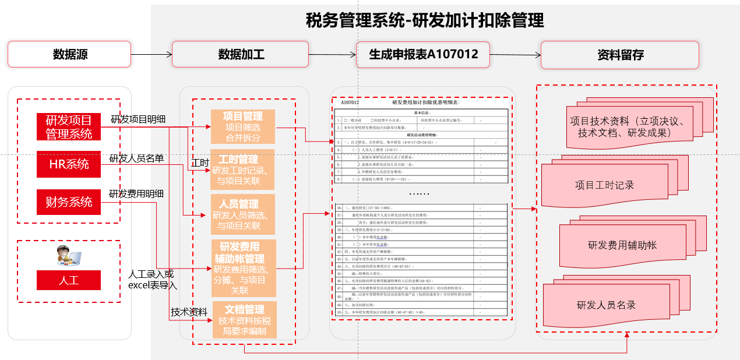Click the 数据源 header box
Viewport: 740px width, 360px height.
69,54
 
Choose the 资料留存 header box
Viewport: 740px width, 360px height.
620,55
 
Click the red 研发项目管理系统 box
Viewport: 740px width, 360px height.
69,127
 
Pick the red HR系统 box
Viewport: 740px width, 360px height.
69,164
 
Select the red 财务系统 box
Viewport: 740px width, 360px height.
69,202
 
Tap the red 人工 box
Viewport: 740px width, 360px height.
69,280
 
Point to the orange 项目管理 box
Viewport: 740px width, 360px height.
243,126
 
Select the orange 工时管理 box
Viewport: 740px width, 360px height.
243,170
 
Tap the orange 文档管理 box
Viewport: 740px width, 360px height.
243,320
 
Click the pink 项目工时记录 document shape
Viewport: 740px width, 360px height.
606,185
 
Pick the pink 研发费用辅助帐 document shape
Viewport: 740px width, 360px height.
622,245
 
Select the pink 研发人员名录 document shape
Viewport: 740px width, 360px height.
606,304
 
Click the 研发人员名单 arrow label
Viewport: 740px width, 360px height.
136,158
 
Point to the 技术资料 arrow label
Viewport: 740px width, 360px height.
189,312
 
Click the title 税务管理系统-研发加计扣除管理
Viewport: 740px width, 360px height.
425,21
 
